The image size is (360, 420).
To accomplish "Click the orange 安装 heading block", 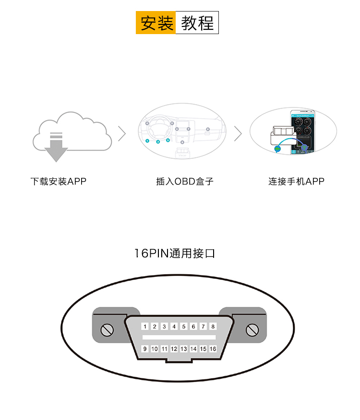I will tap(156, 23).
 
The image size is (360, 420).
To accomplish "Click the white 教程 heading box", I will tap(197, 23).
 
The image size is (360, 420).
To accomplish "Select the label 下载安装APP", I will tap(58, 181).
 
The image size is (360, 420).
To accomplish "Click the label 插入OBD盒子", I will tap(185, 181).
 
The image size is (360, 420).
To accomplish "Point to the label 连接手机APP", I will tap(296, 181).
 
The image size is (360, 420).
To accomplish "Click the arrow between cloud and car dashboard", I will tap(122, 134).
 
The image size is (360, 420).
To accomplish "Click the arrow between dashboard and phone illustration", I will tap(238, 134).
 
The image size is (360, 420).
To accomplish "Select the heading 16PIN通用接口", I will tap(175, 253).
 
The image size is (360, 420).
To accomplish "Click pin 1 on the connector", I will tap(145, 327).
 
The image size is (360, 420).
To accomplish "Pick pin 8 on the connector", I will tap(213, 327).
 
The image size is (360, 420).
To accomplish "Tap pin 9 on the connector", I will tap(145, 349).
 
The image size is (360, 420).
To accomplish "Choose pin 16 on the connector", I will tap(213, 349).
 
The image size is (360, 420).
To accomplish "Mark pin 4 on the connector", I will tap(174, 327).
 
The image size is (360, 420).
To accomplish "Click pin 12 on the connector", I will tap(174, 349).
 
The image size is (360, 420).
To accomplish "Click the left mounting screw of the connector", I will tap(107, 330).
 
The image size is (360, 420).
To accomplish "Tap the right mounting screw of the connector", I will tap(252, 330).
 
